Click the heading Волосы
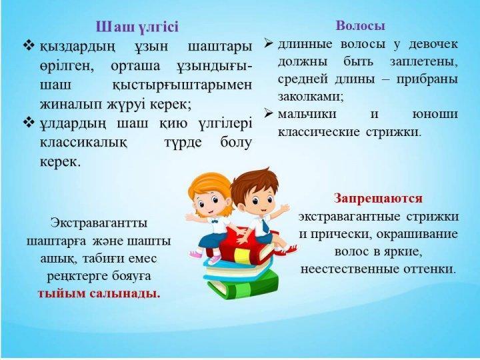click(x=360, y=25)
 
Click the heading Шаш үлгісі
click(x=137, y=27)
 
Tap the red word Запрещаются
click(x=378, y=199)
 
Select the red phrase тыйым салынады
click(x=99, y=293)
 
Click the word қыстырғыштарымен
click(x=183, y=85)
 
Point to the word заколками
click(x=311, y=97)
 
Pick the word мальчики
click(x=307, y=114)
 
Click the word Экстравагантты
click(x=99, y=223)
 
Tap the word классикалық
click(x=83, y=143)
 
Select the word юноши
click(x=435, y=114)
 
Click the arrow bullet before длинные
click(x=269, y=44)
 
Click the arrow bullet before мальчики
click(x=269, y=113)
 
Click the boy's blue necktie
click(x=265, y=225)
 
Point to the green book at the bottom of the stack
click(x=243, y=284)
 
